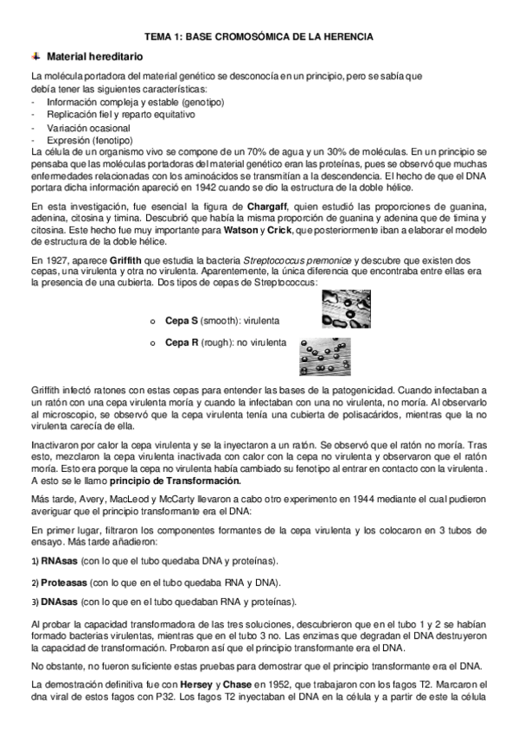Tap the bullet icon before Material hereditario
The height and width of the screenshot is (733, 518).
click(35, 55)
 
